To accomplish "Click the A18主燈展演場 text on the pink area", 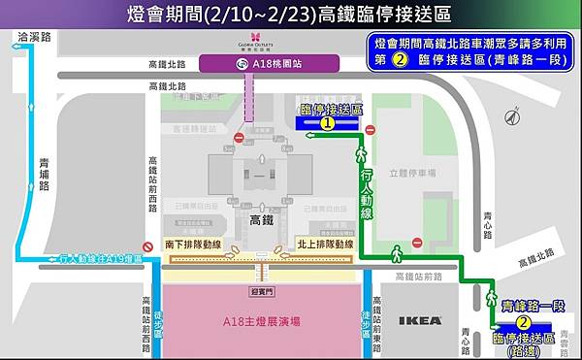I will (x=261, y=322).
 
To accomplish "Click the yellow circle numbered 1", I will (x=328, y=124).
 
